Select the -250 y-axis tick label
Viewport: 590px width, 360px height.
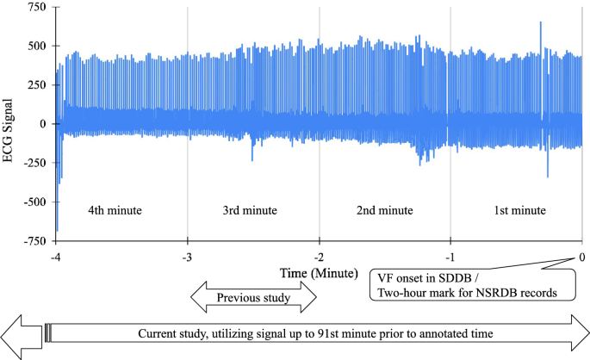tap(33, 163)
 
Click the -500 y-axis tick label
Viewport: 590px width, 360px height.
tap(33, 202)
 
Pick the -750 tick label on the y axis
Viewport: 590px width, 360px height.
tap(33, 241)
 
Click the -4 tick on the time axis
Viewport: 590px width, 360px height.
tap(56, 257)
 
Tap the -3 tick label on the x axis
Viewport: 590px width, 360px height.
tap(187, 257)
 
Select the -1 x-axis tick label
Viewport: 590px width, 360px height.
tap(450, 257)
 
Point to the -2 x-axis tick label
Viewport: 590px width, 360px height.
tap(319, 257)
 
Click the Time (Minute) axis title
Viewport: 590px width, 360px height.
tap(319, 273)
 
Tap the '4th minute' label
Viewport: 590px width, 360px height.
tap(115, 210)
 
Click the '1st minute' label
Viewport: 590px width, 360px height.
tap(519, 210)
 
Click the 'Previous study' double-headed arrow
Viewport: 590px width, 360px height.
tap(253, 298)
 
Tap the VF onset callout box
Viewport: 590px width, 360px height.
tap(471, 284)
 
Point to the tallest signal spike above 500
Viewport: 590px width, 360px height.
tap(540, 24)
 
